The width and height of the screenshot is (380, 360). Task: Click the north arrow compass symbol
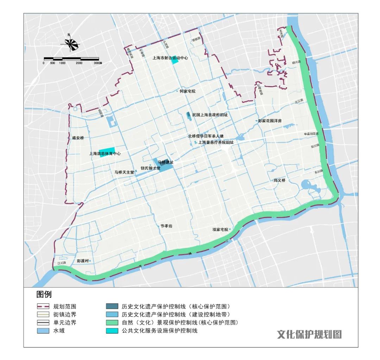pos(70,43)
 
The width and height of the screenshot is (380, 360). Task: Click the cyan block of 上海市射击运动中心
pos(175,61)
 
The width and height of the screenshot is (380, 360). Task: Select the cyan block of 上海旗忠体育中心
pos(107,152)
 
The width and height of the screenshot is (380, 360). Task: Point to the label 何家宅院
pos(187,91)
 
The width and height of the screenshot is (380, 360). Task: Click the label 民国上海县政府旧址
pos(210,115)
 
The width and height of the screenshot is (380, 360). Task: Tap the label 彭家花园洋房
pos(270,121)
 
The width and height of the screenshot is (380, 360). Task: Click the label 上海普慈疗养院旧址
pos(216,142)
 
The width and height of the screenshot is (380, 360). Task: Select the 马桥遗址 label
pos(165,162)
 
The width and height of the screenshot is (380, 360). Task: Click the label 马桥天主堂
pos(124,172)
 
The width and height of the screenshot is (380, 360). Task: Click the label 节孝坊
pos(166,227)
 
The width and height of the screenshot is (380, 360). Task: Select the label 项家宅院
pos(220,229)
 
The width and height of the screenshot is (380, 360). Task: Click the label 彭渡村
pos(83,261)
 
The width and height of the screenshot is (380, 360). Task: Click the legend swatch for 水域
pos(43,330)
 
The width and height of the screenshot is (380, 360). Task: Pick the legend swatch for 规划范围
pos(43,306)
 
